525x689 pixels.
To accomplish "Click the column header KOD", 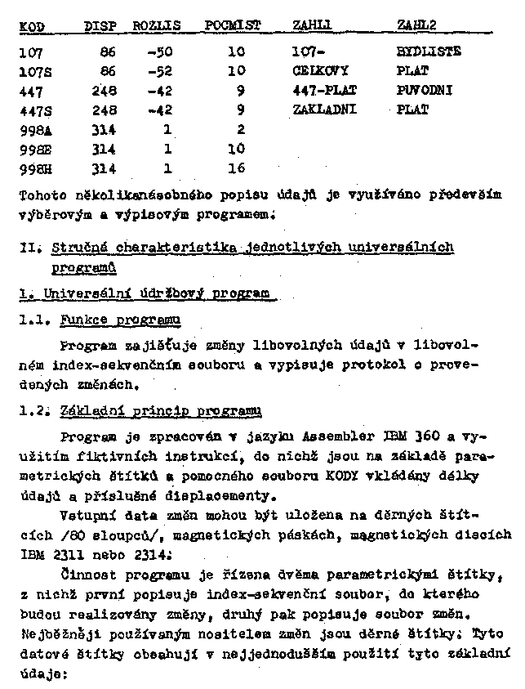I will click(30, 27).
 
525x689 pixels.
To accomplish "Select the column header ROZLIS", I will click(155, 27).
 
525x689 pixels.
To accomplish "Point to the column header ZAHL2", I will click(416, 27).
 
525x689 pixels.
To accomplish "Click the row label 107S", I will click(34, 70).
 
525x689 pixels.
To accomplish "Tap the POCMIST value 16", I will click(236, 168).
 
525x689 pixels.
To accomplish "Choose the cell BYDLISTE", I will click(429, 51).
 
